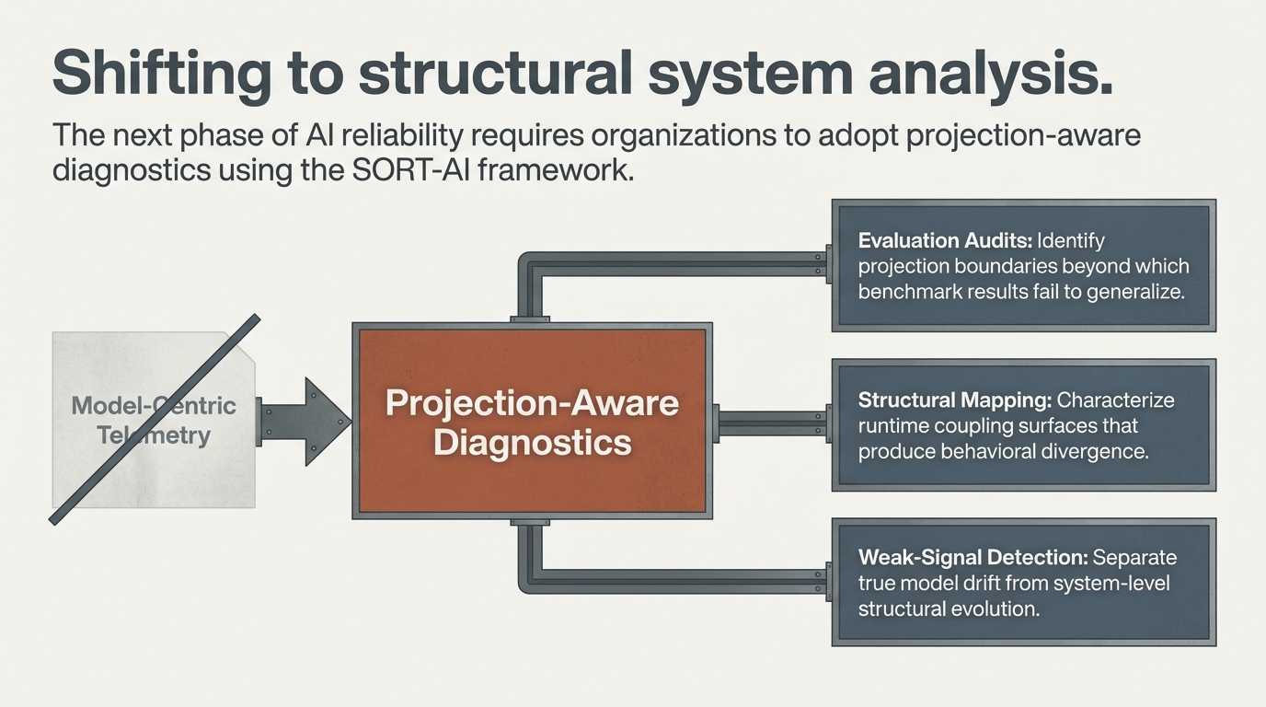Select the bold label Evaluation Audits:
coord(944,240)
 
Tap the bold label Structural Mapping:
coord(954,400)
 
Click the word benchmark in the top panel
coord(910,292)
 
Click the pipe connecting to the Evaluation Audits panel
coord(681,264)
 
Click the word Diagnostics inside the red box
coord(532,442)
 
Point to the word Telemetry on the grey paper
coord(153,435)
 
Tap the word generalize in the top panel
coord(1131,292)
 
